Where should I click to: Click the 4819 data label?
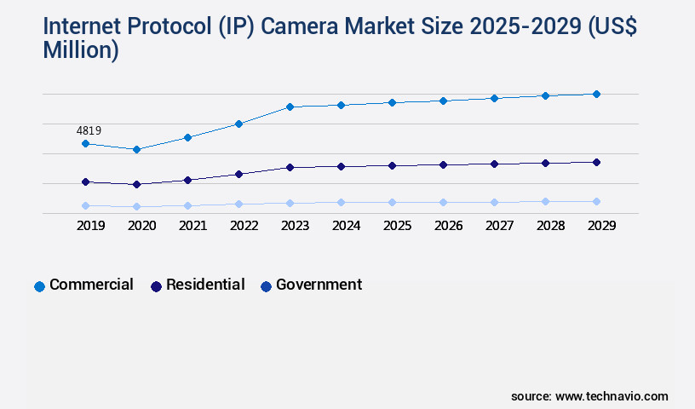pos(89,130)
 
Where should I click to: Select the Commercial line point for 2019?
pos(85,144)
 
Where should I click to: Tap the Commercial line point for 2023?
pos(290,107)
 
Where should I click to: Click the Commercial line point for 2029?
pos(596,94)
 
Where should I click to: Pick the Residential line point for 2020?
pos(136,184)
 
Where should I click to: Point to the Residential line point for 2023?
pos(290,168)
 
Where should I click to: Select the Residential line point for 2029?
pos(596,162)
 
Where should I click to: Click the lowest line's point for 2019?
pos(85,205)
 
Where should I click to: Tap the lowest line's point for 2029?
pos(596,201)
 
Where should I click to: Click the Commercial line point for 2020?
pos(136,150)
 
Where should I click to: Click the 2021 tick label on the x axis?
pos(192,226)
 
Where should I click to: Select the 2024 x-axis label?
pos(346,226)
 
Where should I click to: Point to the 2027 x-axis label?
pos(499,226)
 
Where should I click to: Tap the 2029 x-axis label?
pos(601,226)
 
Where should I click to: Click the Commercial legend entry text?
pos(91,285)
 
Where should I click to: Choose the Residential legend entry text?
pos(205,285)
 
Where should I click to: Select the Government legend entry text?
pos(319,285)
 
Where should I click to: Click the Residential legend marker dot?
pos(156,286)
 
